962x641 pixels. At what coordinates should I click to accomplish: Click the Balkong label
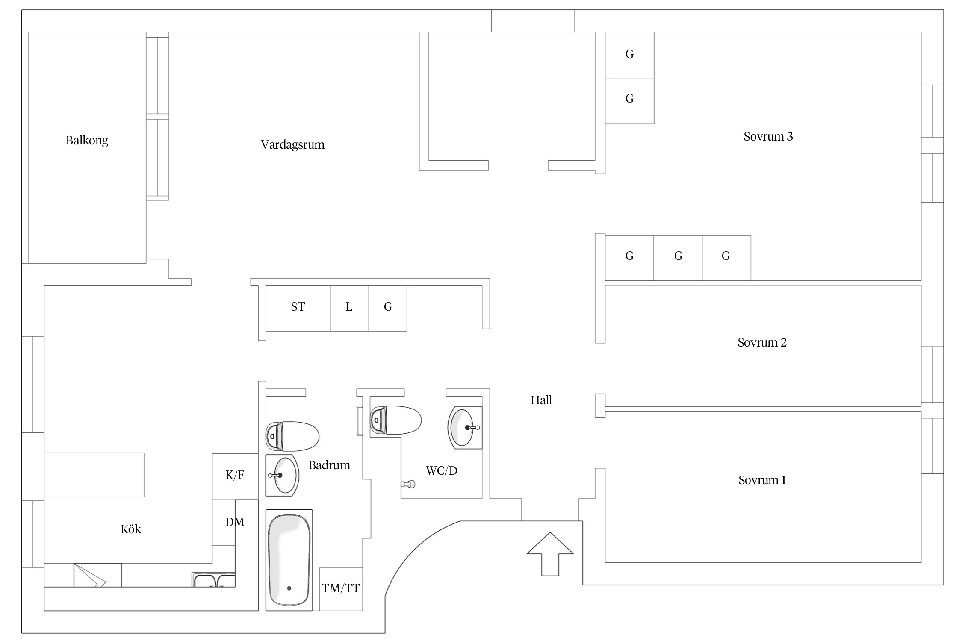point(87,141)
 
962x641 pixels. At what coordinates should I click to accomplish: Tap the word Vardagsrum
point(292,145)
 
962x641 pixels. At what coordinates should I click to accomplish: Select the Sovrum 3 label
point(768,137)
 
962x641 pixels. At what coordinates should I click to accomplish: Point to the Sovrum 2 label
point(762,343)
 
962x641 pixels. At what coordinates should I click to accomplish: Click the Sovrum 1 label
point(762,480)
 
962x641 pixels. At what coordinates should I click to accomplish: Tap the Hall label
point(541,400)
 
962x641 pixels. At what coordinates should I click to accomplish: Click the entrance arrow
point(550,554)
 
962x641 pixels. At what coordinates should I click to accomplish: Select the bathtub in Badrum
point(289,559)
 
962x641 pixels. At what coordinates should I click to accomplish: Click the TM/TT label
point(341,588)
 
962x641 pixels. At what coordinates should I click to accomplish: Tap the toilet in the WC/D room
point(395,420)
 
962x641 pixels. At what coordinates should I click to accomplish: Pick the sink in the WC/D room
point(465,427)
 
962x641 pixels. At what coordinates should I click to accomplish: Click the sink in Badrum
point(282,475)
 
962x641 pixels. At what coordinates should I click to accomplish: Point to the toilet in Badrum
point(292,436)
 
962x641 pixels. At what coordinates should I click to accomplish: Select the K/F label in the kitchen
point(235,475)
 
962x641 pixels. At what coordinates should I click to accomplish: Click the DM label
point(235,522)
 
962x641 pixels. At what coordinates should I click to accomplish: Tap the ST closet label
point(298,307)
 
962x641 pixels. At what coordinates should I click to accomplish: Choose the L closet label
point(349,307)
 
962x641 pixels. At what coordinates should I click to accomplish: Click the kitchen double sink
point(213,580)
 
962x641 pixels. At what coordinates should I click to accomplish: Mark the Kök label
point(131,529)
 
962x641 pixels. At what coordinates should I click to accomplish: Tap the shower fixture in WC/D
point(408,484)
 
